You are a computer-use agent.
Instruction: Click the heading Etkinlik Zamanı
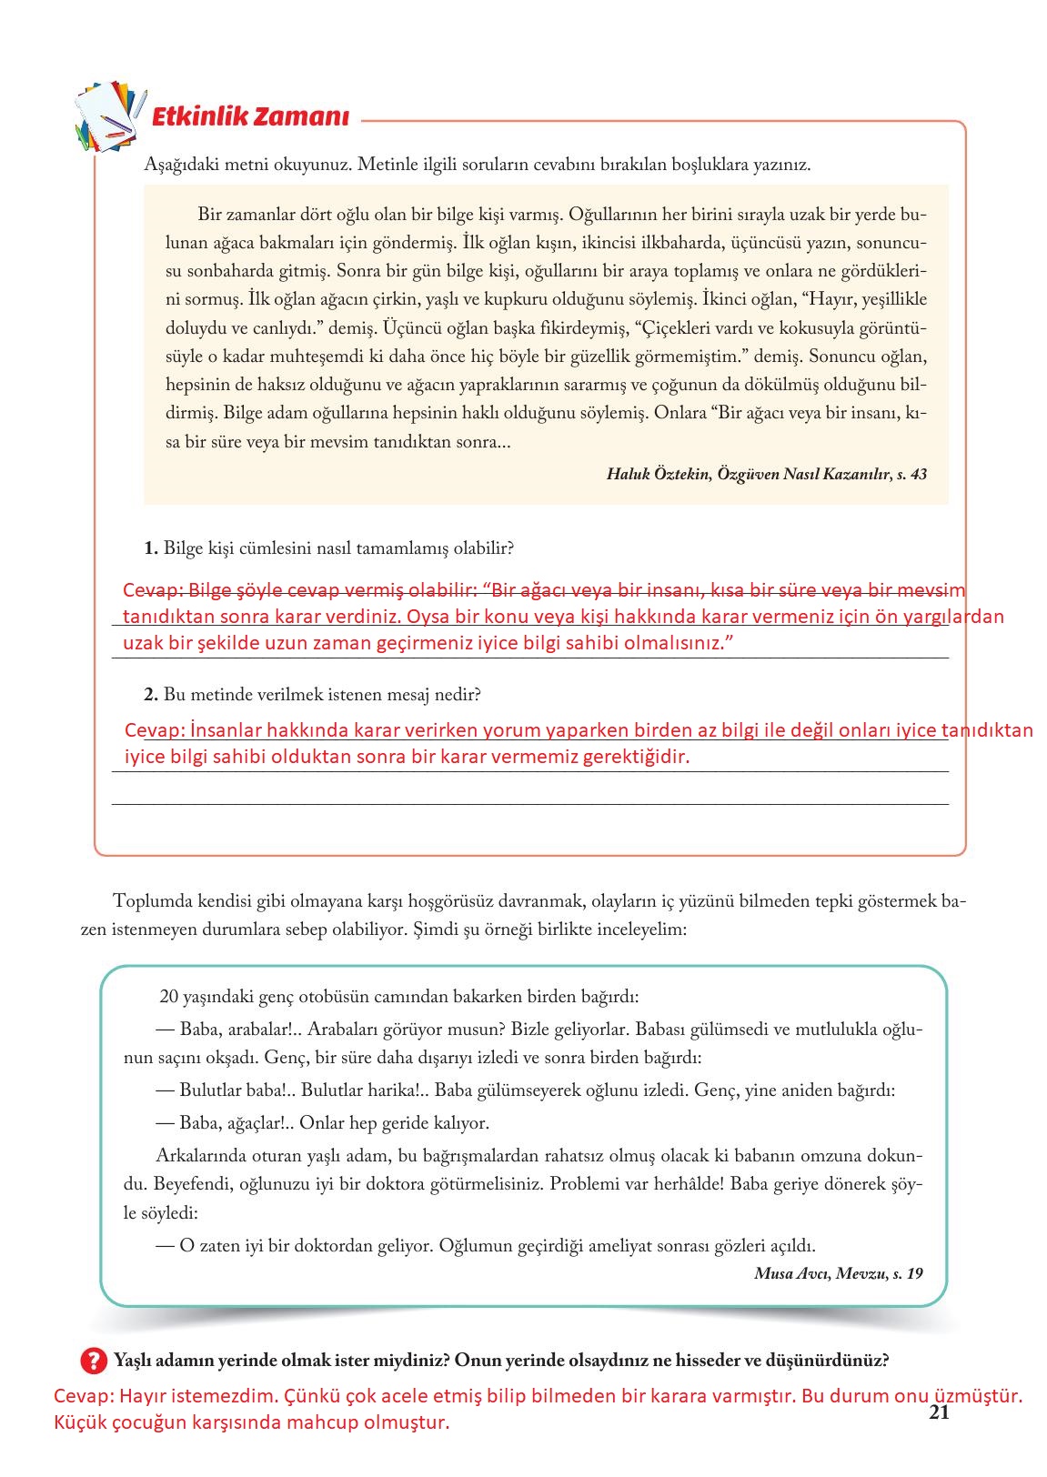pos(250,117)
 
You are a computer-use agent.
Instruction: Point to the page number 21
pos(940,1412)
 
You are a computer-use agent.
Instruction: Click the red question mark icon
pos(94,1361)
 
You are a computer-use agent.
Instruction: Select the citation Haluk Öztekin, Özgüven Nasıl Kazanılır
pos(766,474)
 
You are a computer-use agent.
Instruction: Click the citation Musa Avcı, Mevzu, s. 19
pos(838,1273)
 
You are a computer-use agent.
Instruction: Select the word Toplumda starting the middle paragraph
pos(153,901)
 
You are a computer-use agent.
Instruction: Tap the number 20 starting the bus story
pos(169,997)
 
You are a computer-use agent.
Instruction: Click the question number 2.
pos(151,695)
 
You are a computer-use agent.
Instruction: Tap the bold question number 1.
pos(151,548)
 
